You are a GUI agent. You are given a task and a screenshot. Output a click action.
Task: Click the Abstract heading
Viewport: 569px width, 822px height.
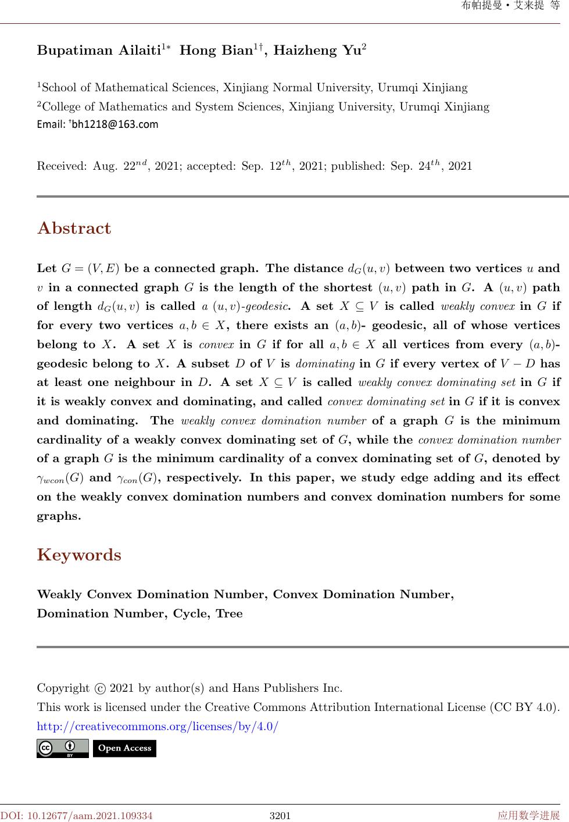(x=74, y=228)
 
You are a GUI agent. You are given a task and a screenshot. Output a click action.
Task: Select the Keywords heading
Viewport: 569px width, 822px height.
(x=79, y=555)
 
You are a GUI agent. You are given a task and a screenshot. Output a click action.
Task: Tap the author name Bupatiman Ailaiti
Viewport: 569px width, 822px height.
(x=99, y=51)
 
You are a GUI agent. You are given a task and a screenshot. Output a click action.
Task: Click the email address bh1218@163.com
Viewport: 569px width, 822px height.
(x=115, y=124)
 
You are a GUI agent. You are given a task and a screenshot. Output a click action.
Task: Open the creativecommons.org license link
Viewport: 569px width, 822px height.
(x=158, y=727)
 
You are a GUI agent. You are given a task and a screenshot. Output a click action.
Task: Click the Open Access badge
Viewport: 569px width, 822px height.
(x=124, y=748)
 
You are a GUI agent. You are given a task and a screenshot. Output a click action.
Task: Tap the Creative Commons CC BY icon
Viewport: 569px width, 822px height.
(x=62, y=748)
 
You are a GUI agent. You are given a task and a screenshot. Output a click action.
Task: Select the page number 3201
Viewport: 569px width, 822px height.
(x=280, y=816)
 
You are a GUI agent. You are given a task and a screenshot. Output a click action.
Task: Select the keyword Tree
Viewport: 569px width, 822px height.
(x=229, y=614)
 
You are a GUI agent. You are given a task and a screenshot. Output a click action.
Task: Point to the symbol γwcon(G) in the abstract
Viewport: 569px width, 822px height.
(x=60, y=478)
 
